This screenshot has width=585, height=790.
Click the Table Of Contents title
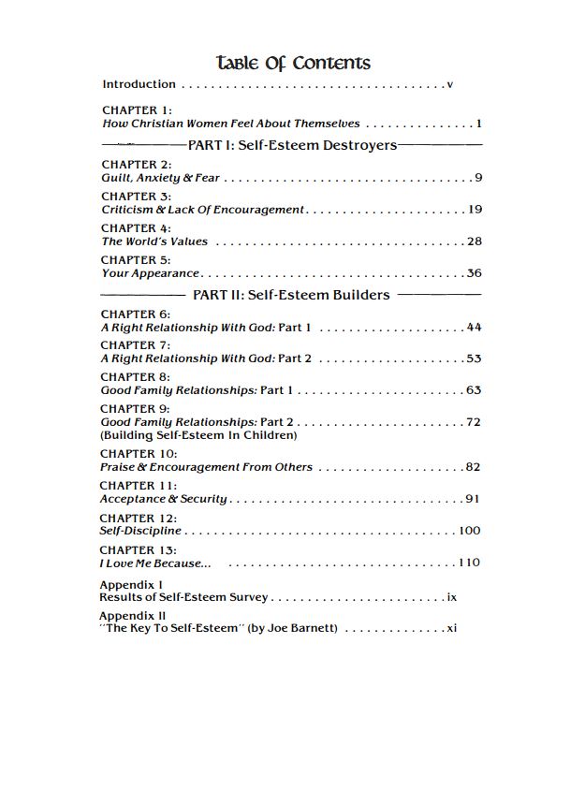coord(293,63)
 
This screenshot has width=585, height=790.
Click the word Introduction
coord(139,84)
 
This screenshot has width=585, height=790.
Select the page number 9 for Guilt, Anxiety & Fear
coord(478,178)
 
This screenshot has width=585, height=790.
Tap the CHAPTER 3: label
coord(136,197)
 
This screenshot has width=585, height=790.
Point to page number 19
coord(475,210)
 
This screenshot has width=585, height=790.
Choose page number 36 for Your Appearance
coord(474,273)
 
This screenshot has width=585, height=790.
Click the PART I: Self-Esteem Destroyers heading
coord(292,145)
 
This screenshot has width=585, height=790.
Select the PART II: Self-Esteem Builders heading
coord(290,295)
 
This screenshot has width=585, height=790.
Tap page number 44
coord(474,328)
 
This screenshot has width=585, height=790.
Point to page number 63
coord(474,390)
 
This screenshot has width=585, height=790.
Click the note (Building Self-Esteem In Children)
coord(198,435)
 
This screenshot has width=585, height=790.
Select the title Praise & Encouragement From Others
coord(206,467)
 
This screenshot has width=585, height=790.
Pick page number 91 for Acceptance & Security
coord(473,499)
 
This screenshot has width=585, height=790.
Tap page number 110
coord(469,563)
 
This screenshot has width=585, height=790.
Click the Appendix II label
coord(133,616)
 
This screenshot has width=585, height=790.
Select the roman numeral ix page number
coord(452,597)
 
